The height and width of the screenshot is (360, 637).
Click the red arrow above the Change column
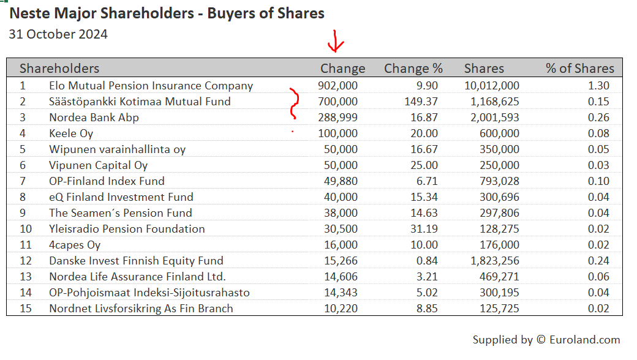(x=336, y=42)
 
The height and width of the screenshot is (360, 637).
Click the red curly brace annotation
(x=295, y=104)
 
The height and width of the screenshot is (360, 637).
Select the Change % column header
(x=413, y=69)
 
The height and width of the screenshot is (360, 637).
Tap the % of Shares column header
(x=579, y=69)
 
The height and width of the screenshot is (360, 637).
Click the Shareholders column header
(x=59, y=69)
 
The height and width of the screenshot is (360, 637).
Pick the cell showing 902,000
(x=337, y=86)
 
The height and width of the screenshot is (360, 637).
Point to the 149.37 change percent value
(x=418, y=102)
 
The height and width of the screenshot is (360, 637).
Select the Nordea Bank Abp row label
(x=94, y=118)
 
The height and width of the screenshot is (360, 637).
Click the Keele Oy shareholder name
(x=71, y=133)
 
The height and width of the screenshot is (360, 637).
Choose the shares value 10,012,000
(x=492, y=86)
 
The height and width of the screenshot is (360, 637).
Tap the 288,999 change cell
(x=337, y=118)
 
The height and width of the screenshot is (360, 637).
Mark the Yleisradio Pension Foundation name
(x=127, y=229)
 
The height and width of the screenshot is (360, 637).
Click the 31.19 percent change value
(x=423, y=229)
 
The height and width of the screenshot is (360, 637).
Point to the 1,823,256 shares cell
(x=495, y=261)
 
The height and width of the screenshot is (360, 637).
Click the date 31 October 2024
(x=58, y=34)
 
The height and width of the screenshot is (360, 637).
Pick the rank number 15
(x=25, y=309)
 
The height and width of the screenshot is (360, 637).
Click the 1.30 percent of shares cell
(x=598, y=86)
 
